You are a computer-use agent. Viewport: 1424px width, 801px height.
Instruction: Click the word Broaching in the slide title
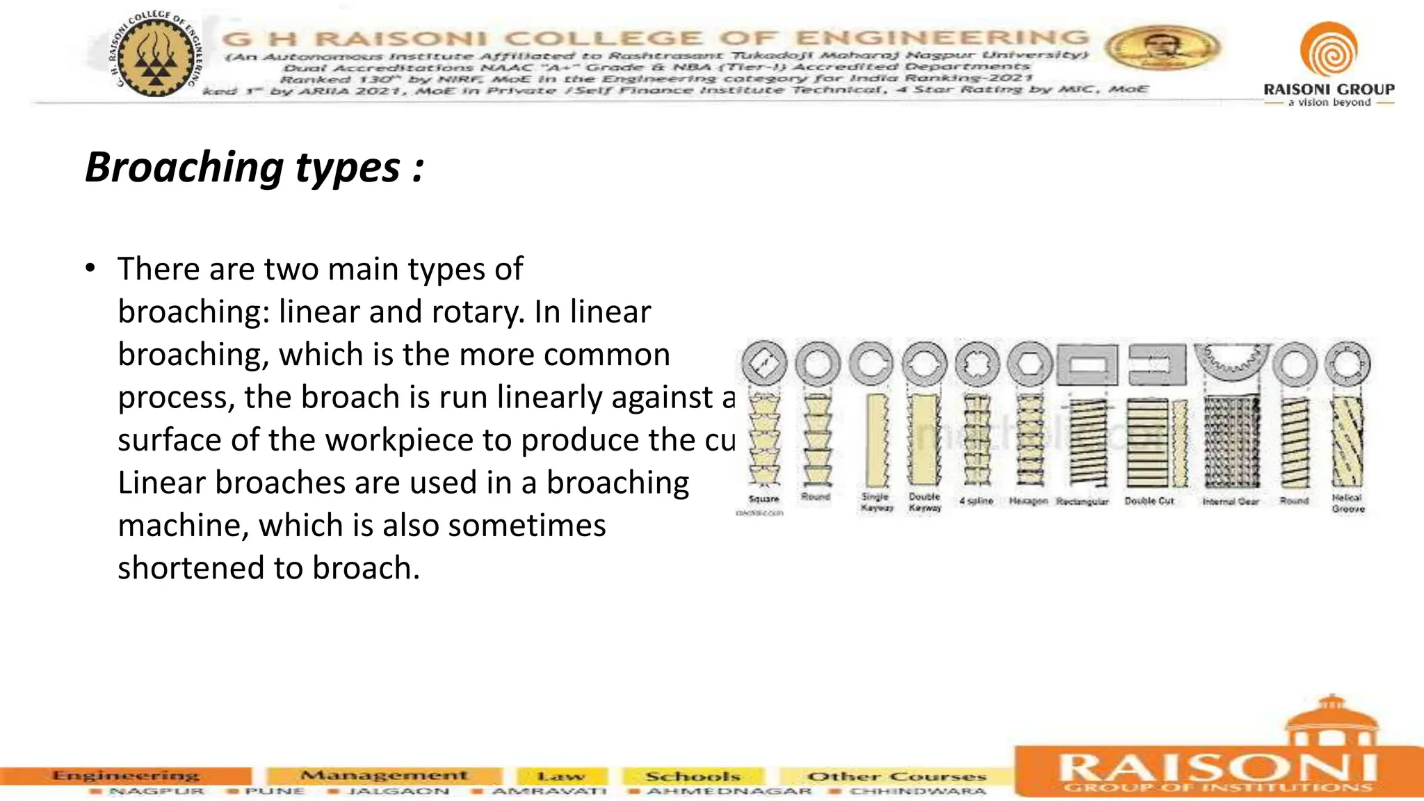(184, 168)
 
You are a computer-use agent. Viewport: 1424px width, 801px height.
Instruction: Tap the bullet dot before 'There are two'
(90, 268)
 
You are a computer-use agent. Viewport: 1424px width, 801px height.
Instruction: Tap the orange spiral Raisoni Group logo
(1328, 49)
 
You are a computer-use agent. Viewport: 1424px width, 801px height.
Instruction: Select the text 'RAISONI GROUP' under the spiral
(1329, 89)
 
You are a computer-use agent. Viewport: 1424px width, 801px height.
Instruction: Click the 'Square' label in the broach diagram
(763, 499)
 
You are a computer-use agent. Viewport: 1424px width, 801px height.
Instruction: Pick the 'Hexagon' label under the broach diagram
(1028, 501)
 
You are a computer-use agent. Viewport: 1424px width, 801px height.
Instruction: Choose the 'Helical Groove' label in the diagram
(1348, 503)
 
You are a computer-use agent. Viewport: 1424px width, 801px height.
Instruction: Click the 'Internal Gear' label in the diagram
(1231, 501)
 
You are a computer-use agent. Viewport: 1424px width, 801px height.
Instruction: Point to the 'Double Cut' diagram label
(1149, 501)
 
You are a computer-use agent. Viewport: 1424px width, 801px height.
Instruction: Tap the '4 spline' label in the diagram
(976, 501)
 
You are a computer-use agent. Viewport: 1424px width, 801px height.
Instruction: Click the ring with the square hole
(764, 364)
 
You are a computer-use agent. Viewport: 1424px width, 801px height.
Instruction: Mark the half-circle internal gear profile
(1231, 360)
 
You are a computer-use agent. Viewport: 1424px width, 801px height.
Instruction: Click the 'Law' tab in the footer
(561, 776)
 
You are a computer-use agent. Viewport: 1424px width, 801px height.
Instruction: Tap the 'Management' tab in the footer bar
(384, 775)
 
